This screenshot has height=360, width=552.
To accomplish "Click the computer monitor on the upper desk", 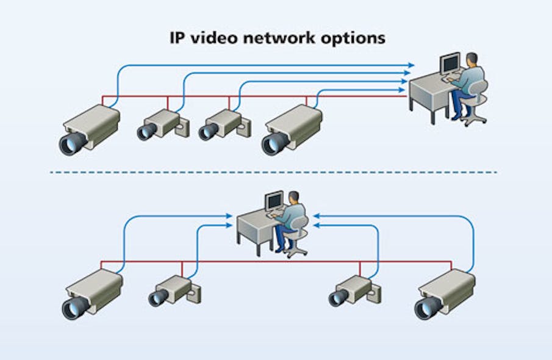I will [450, 63].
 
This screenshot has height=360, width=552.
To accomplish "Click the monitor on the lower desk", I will [275, 201].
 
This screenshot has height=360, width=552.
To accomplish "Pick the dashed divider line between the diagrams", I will [274, 172].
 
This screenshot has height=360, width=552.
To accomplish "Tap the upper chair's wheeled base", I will [475, 117].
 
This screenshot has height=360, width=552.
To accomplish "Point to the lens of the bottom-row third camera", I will [337, 298].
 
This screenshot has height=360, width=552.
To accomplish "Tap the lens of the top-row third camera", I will [207, 132].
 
